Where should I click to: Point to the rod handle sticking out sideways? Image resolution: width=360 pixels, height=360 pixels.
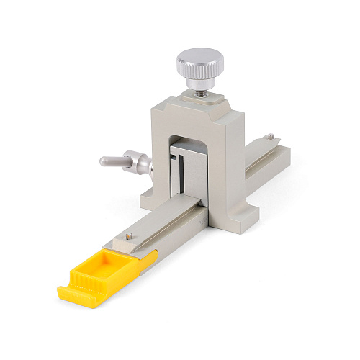(x=111, y=161)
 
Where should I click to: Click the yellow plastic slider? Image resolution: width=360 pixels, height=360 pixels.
(x=108, y=270)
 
